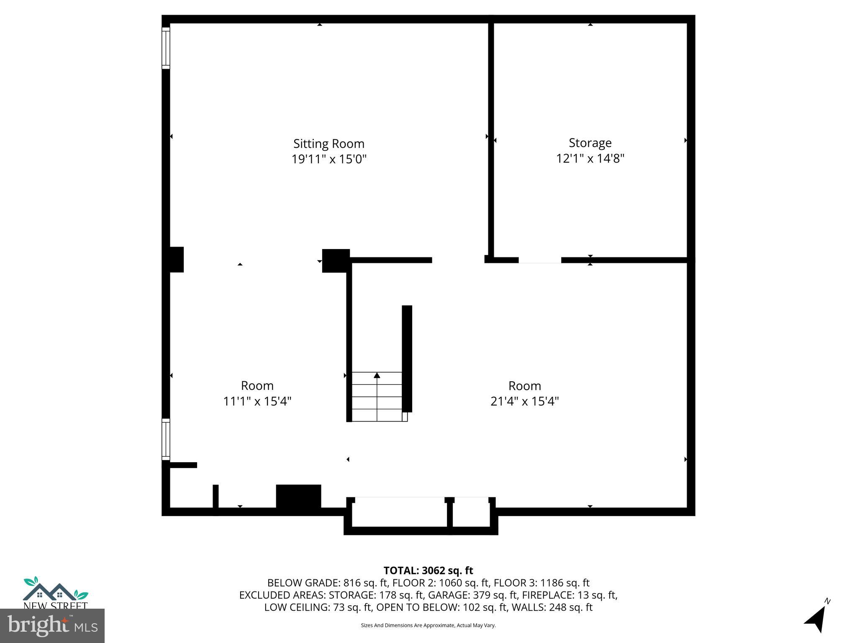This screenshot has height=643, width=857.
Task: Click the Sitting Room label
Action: click(x=328, y=144)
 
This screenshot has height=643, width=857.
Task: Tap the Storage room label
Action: click(x=590, y=143)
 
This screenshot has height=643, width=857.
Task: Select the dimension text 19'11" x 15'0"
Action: click(x=328, y=159)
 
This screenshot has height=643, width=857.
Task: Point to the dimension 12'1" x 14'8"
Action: click(x=590, y=159)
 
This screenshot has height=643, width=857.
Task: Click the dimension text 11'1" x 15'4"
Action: click(x=257, y=401)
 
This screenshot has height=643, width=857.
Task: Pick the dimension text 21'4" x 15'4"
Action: click(x=524, y=401)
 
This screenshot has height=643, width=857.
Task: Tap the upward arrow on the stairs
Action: click(x=377, y=376)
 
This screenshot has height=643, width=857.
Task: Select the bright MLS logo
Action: click(x=52, y=625)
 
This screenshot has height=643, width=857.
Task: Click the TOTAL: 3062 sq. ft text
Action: click(x=428, y=571)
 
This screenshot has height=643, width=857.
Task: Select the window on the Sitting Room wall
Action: click(x=166, y=48)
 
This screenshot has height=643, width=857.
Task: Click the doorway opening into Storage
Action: click(x=539, y=260)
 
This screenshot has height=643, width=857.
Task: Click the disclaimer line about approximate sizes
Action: click(x=428, y=625)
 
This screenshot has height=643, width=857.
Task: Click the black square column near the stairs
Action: click(x=336, y=260)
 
